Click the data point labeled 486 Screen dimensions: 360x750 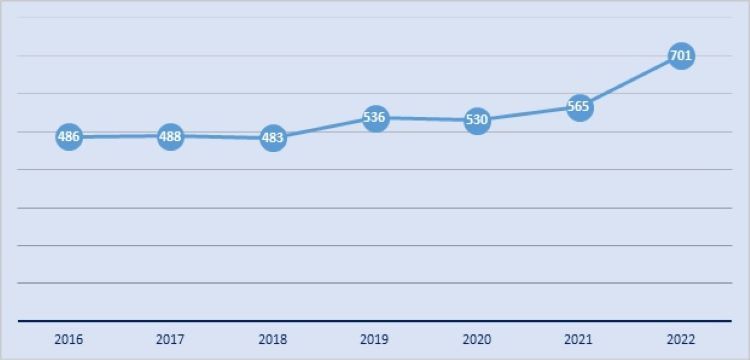(x=68, y=136)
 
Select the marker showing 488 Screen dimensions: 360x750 (x=170, y=136)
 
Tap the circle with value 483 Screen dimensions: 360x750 (x=272, y=138)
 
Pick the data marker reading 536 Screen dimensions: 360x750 (x=375, y=118)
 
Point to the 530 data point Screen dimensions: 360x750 (x=477, y=121)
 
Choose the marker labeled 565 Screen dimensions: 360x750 (x=579, y=107)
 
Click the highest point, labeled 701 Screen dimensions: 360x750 (x=681, y=56)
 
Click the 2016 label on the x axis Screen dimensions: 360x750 (x=68, y=340)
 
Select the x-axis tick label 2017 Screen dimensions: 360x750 (x=170, y=340)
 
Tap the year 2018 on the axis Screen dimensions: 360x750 (x=272, y=340)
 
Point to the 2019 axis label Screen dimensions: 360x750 (x=375, y=340)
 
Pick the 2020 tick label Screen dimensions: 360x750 (x=477, y=340)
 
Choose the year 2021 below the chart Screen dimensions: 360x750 (x=579, y=340)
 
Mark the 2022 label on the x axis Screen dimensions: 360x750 (x=681, y=340)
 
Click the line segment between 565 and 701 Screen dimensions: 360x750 (x=630, y=82)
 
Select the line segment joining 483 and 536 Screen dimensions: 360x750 (x=323, y=128)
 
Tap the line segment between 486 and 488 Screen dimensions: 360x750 (x=119, y=136)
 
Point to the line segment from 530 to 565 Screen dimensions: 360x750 (x=528, y=114)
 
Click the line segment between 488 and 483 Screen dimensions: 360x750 (x=221, y=137)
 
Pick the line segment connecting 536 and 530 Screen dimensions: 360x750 (x=426, y=119)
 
